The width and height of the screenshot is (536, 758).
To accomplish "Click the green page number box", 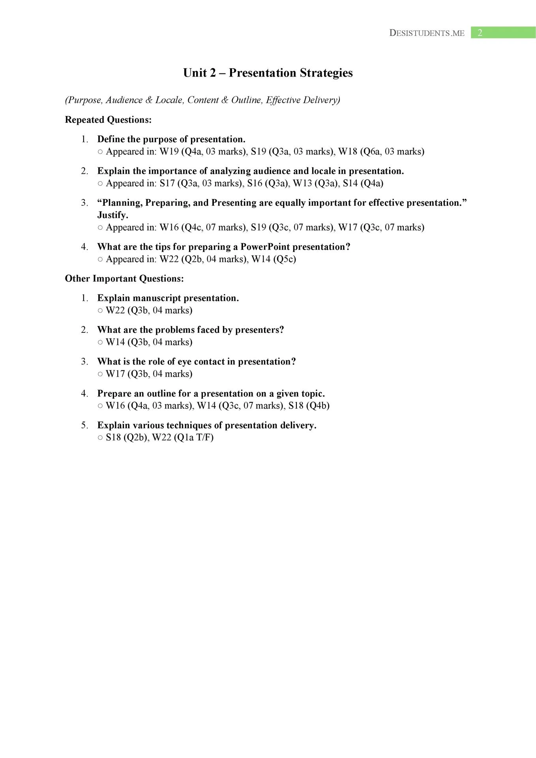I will [x=503, y=33].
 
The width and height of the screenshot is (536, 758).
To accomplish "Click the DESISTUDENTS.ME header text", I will [x=427, y=33].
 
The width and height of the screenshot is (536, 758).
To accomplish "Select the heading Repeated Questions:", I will [x=108, y=120].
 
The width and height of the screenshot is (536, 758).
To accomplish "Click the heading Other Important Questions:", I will [x=124, y=278].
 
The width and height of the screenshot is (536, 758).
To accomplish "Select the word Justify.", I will [x=112, y=215].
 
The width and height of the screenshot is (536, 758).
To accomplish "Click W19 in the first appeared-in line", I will [x=169, y=152].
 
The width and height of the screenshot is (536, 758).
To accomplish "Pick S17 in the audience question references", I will [x=167, y=183].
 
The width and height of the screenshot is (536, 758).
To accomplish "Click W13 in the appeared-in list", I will [x=302, y=183].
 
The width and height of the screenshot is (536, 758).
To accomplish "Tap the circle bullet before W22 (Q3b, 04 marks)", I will [x=100, y=311].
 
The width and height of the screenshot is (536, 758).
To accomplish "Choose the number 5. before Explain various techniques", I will [x=84, y=425].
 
